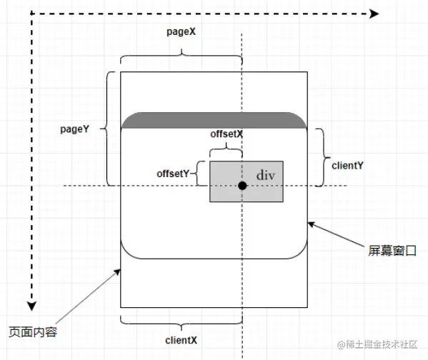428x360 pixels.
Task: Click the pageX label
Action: coord(181,32)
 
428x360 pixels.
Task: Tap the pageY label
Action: coord(74,129)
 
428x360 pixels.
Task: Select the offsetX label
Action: coord(227,134)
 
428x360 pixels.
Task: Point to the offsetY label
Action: coord(173,174)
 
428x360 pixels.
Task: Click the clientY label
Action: coord(347,166)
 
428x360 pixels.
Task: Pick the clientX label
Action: coord(181,340)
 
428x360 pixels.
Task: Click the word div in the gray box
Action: coord(266,175)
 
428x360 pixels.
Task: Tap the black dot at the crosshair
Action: coord(242,186)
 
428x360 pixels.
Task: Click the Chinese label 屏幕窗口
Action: coord(392,251)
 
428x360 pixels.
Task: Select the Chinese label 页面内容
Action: coord(33,332)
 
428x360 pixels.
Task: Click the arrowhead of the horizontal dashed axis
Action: coord(374,14)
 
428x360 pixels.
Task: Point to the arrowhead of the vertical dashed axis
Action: coord(31,306)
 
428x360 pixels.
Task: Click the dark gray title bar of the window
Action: coord(214,120)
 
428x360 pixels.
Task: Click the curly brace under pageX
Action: coord(181,56)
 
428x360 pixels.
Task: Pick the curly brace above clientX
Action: coord(181,324)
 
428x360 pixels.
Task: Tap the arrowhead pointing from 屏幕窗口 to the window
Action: coord(312,224)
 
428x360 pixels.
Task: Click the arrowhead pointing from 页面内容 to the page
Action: coord(117,272)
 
